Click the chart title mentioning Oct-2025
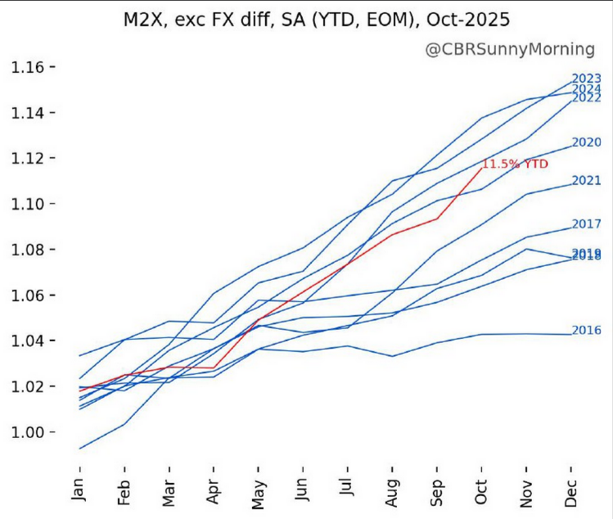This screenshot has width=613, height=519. point(305,18)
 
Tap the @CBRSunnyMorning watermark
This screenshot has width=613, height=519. point(510,50)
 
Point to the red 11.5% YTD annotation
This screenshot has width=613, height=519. point(515,165)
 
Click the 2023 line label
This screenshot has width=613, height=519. point(587,79)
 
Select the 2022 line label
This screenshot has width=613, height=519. point(587,97)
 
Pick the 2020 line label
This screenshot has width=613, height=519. point(587,142)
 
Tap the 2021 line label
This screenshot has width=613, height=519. point(587,180)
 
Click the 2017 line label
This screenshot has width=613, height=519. point(587,223)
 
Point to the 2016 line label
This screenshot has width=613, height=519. point(587,330)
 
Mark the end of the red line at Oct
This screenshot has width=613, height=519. point(482,167)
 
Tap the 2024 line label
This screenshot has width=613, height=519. point(587,89)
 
